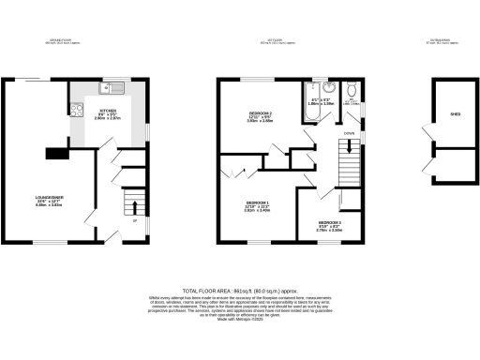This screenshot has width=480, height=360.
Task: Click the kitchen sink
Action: click(112, 90)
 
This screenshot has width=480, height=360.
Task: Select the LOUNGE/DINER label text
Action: click(48, 200)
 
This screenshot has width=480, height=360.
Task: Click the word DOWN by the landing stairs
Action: click(349, 134)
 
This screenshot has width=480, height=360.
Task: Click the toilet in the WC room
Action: click(350, 90)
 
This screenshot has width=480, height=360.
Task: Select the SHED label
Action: click(456, 114)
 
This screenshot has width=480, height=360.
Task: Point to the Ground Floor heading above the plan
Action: click(61, 40)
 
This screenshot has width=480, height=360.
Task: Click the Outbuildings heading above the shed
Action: click(441, 40)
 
